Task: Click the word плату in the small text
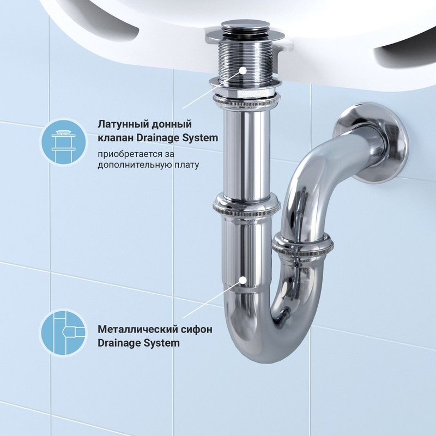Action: click(x=185, y=163)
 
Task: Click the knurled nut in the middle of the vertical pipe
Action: click(x=246, y=206)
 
